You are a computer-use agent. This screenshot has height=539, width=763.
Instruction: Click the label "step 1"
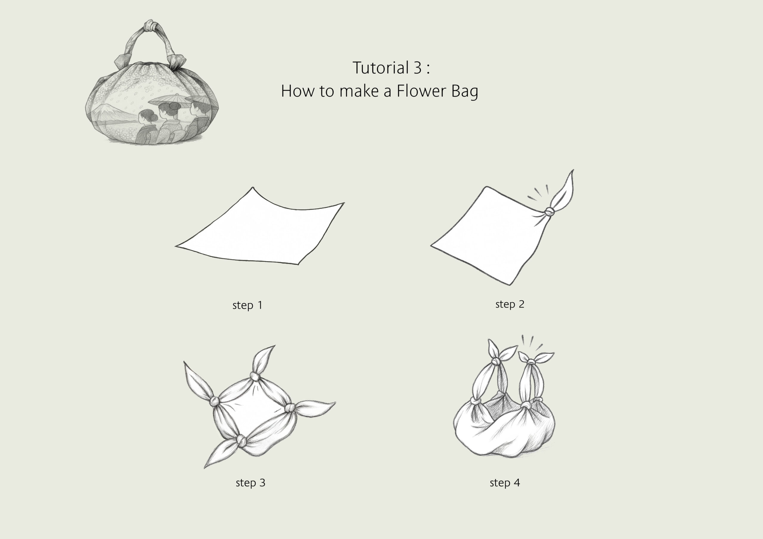tap(248, 305)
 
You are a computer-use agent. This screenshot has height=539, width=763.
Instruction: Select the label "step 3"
tap(251, 482)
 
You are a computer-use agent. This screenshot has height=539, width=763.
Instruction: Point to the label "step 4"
tap(505, 482)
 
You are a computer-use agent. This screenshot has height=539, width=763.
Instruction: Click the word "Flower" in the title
tap(422, 91)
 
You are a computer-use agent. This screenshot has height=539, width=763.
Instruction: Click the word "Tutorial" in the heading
tap(381, 68)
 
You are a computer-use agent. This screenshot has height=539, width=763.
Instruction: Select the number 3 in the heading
tap(418, 68)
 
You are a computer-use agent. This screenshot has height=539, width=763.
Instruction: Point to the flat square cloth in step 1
tap(259, 229)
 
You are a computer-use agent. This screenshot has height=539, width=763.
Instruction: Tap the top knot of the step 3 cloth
tap(255, 377)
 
